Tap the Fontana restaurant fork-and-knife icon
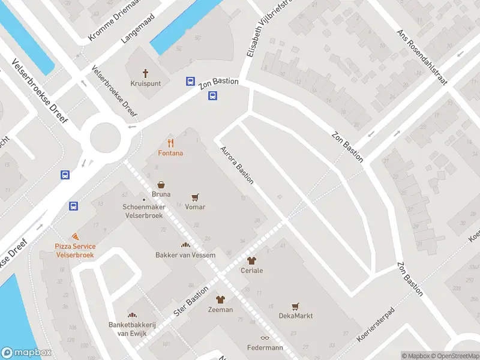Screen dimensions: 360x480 (171, 143)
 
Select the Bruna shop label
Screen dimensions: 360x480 (161, 194)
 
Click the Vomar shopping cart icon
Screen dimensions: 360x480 (195, 197)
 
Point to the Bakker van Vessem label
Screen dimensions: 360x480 (185, 255)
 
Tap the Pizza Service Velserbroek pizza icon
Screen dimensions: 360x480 (75, 238)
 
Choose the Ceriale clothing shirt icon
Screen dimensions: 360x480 (251, 260)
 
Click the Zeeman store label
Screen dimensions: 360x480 (220, 310)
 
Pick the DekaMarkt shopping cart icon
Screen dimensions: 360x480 (295, 306)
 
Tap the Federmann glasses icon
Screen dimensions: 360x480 (265, 338)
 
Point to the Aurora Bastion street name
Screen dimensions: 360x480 (237, 164)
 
